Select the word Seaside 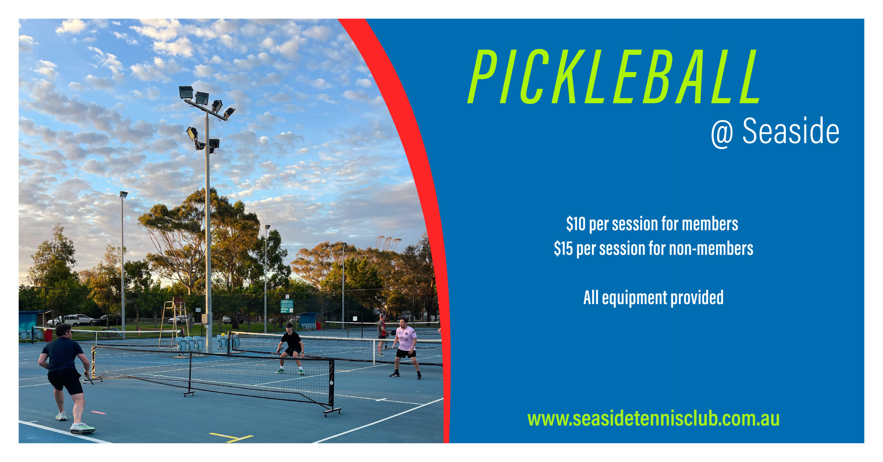click(x=791, y=131)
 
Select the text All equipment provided click(x=653, y=297)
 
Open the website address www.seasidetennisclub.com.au click(x=653, y=419)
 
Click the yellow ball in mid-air click(x=223, y=334)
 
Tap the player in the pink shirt click(x=406, y=348)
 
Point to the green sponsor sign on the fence click(x=287, y=306)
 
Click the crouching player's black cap click(x=289, y=325)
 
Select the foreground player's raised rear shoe click(x=82, y=428)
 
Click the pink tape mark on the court click(x=98, y=412)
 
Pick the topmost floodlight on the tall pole click(x=186, y=92)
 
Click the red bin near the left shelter click(x=48, y=335)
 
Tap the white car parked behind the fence click(x=69, y=320)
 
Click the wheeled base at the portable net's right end click(x=332, y=411)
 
